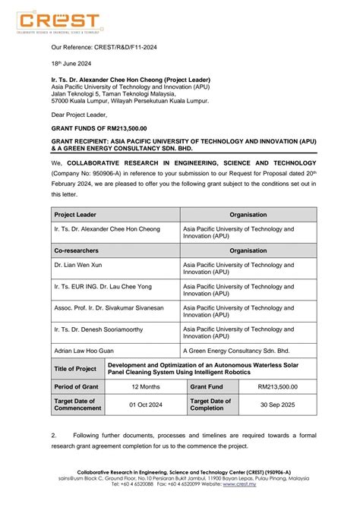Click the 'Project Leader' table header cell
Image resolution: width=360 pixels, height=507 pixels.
click(x=75, y=215)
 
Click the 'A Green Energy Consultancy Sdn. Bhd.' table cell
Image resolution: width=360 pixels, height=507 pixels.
click(x=235, y=351)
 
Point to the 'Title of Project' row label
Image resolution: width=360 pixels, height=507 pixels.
click(x=76, y=369)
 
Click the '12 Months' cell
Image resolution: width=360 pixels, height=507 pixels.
click(x=145, y=386)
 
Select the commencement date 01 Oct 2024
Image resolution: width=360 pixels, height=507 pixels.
click(x=145, y=405)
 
